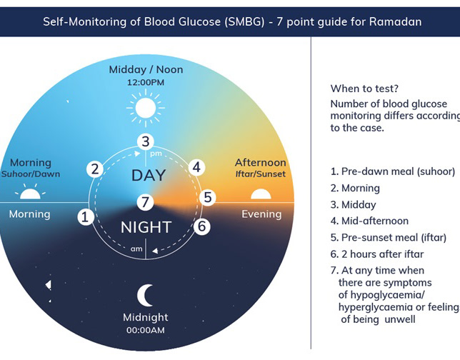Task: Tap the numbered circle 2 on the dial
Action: [x=94, y=169]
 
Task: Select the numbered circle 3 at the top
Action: [x=146, y=141]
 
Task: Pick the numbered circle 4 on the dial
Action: [x=197, y=168]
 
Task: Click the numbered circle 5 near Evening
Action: [x=207, y=197]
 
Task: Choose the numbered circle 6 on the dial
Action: [x=202, y=226]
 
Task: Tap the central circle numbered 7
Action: [x=146, y=202]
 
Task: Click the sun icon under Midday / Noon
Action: [x=146, y=107]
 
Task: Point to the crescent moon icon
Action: [x=146, y=294]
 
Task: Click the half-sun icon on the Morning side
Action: [x=29, y=193]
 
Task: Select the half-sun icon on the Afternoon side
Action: [x=260, y=193]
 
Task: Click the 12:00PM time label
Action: [x=146, y=82]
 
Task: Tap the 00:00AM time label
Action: [x=146, y=330]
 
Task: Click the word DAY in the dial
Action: [x=149, y=175]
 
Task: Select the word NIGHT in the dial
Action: [x=146, y=228]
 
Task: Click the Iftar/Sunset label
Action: [x=260, y=174]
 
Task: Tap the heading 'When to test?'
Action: [x=364, y=89]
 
